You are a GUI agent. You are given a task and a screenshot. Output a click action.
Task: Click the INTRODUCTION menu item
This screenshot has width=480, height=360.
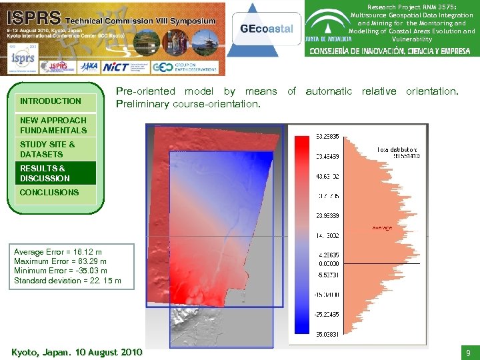click(51, 101)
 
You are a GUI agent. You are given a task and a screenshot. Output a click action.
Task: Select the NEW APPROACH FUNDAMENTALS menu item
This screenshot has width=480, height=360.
click(53, 125)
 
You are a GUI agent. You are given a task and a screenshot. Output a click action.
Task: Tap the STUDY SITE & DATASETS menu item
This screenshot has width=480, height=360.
click(47, 149)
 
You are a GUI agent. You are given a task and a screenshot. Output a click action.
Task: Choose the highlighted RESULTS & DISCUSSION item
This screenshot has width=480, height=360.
click(45, 173)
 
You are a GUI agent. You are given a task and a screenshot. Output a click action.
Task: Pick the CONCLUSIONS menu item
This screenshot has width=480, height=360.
click(49, 193)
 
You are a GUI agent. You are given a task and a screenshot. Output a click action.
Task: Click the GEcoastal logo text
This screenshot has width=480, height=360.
click(265, 29)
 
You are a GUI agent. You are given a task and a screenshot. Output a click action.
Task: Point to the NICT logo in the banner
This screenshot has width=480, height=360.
click(116, 67)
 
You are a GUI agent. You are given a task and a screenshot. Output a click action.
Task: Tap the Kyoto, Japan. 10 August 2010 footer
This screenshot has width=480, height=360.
click(77, 351)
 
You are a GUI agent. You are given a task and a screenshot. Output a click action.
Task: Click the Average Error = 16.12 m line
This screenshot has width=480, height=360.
click(58, 252)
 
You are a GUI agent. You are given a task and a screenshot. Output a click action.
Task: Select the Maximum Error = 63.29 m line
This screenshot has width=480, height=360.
click(60, 261)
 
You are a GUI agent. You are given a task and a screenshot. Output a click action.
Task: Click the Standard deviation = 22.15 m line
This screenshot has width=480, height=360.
click(67, 281)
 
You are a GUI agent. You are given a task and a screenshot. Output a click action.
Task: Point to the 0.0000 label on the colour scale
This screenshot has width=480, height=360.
click(325, 264)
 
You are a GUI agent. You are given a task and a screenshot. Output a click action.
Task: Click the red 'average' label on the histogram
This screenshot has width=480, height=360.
click(382, 229)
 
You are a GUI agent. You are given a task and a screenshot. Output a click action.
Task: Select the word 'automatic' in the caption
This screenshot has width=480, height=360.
click(329, 91)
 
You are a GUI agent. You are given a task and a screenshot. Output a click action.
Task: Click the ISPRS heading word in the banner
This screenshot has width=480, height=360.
click(32, 18)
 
